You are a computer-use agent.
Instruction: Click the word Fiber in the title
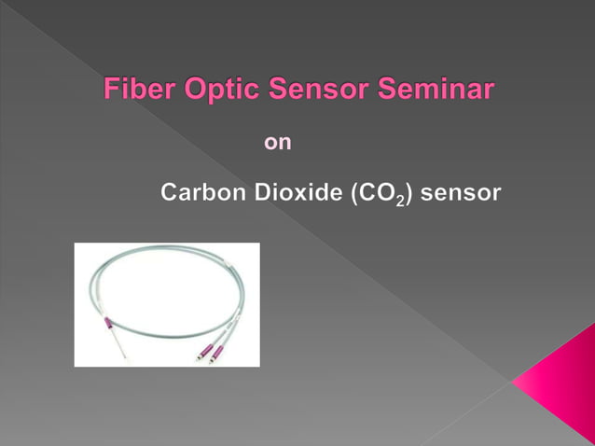(133, 91)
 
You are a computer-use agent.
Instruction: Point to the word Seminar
(437, 91)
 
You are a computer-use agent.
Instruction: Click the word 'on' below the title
(278, 143)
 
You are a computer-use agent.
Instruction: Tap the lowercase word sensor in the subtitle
(461, 194)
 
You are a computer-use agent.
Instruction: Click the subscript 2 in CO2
(398, 201)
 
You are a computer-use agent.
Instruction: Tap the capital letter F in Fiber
(110, 91)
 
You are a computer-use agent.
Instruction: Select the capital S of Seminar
(388, 91)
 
